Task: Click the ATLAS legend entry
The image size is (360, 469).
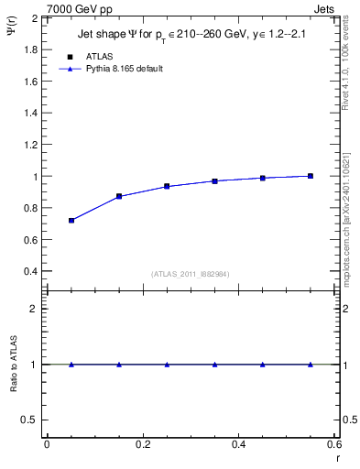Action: [x=87, y=57]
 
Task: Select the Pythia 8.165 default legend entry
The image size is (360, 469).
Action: [x=111, y=69]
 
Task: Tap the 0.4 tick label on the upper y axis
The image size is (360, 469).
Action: [x=32, y=272]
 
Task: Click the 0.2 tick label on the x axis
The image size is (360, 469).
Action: [x=143, y=444]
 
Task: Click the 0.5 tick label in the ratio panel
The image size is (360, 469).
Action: [x=32, y=420]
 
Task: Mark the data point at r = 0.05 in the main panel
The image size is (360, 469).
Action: [x=71, y=221]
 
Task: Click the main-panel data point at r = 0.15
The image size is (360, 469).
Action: [x=119, y=196]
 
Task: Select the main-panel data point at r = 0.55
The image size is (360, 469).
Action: [x=311, y=176]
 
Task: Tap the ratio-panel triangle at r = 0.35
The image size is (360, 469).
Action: [x=214, y=365]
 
